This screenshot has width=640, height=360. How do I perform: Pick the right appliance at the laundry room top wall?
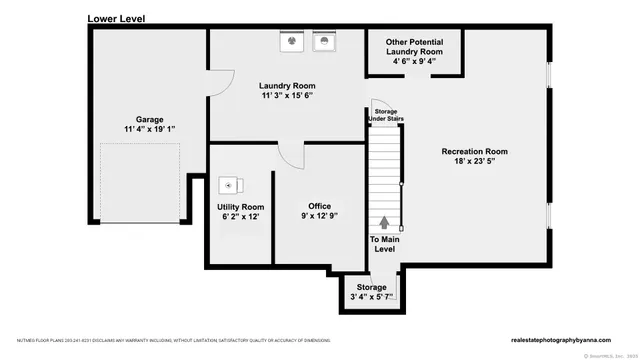pos(325,41)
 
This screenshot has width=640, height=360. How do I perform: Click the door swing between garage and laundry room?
pos(219,82)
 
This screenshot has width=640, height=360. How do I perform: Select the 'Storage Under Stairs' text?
pos(386,115)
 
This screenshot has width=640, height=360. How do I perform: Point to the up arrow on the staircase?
pos(384,222)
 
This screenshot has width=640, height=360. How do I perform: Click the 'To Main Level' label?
pos(384,244)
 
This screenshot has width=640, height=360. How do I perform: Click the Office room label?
pos(320,206)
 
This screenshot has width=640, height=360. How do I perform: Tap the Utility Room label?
pos(240,206)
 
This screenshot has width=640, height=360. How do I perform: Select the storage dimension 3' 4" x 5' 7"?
pos(372,296)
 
